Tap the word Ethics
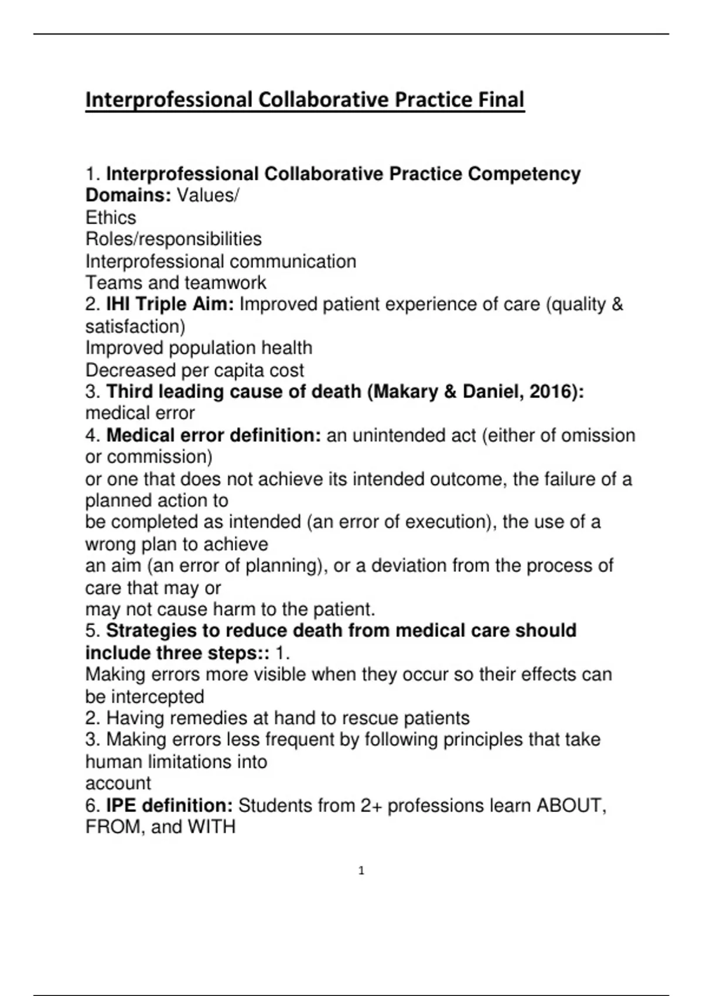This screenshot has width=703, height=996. [111, 218]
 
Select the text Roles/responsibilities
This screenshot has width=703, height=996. [173, 239]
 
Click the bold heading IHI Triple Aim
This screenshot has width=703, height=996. [170, 305]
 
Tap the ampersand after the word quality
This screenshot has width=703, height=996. [617, 305]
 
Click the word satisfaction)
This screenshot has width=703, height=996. [135, 326]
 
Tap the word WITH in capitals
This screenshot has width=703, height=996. [211, 827]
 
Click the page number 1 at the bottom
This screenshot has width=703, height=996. [361, 871]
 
